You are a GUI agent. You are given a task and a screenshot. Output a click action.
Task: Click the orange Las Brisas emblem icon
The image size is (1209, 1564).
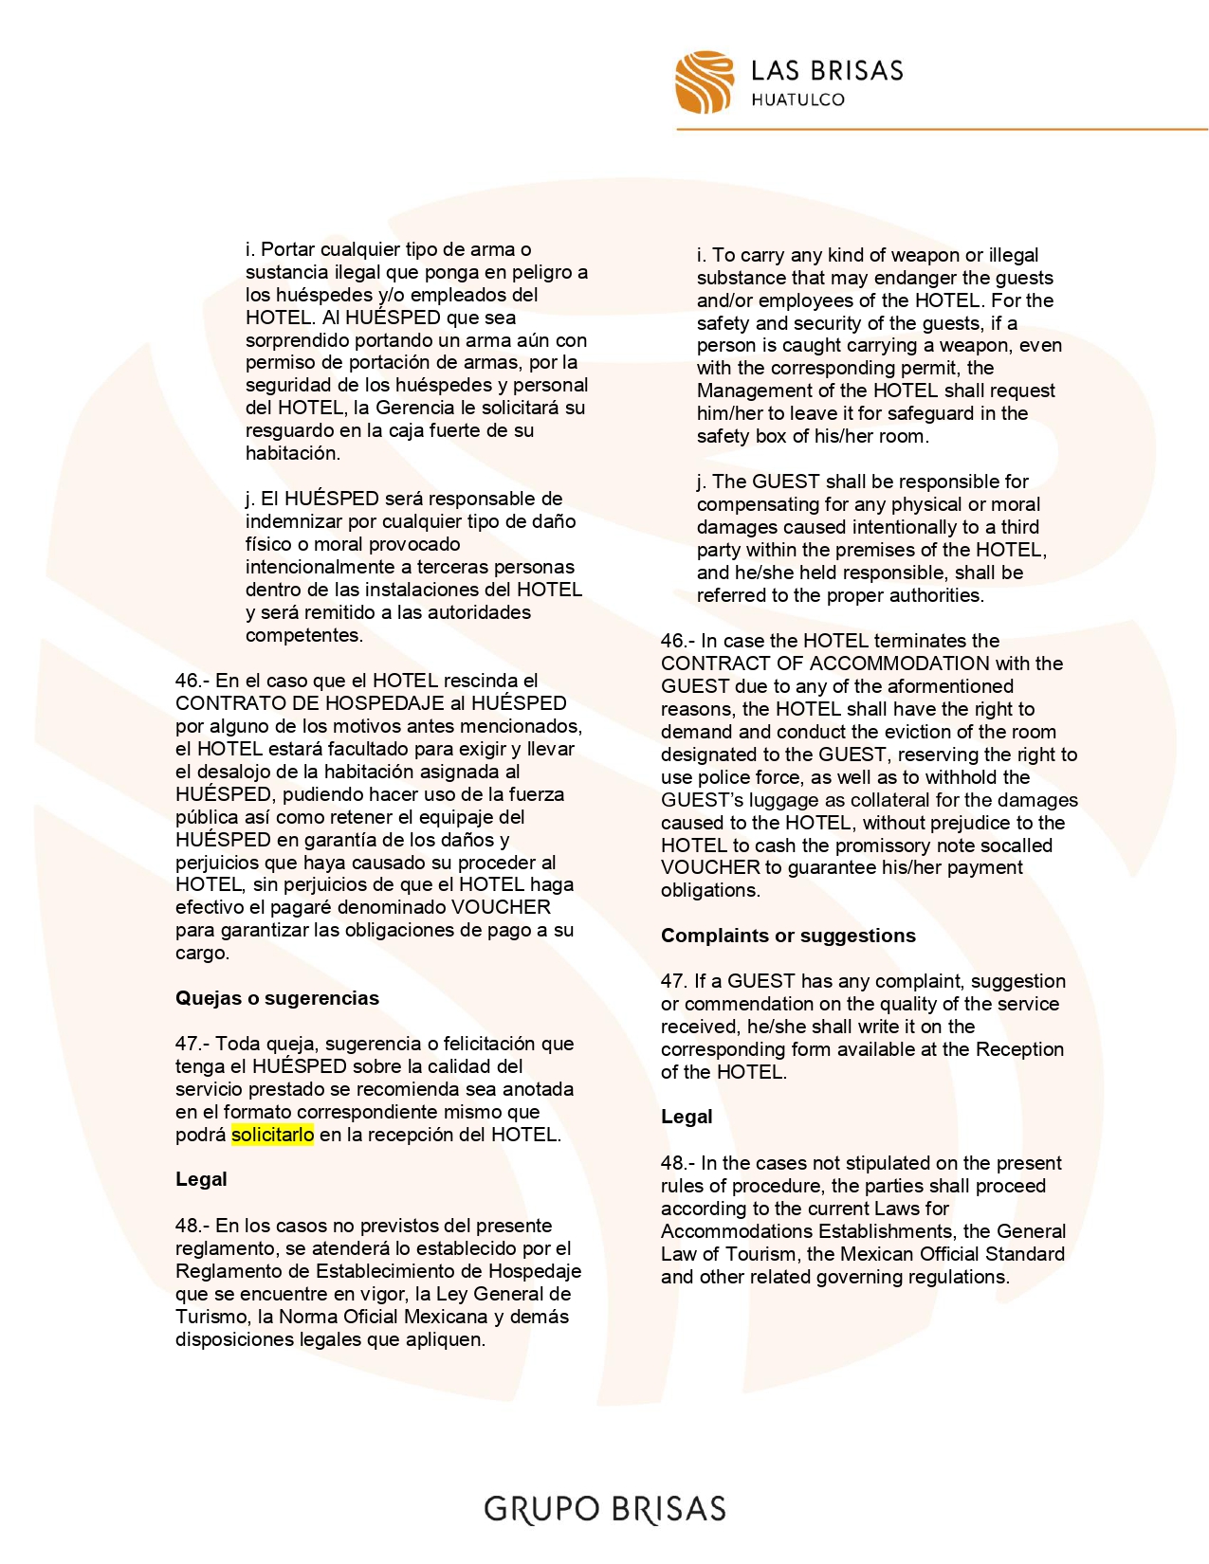pos(704,82)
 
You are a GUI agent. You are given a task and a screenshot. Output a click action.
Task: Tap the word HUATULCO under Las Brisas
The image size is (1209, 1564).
pos(797,100)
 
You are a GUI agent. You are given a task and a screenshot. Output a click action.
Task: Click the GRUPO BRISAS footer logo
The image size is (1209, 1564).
pos(605,1509)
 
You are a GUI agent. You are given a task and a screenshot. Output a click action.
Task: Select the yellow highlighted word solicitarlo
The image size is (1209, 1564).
pos(272,1135)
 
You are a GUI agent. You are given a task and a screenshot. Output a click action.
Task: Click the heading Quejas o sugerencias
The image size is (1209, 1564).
pos(277,998)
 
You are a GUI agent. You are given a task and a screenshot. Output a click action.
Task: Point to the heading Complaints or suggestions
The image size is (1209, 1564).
pos(788,936)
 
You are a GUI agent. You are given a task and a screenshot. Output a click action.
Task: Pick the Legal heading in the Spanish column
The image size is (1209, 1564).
pos(201,1179)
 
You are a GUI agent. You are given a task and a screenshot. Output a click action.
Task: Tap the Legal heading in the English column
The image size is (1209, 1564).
pos(687,1117)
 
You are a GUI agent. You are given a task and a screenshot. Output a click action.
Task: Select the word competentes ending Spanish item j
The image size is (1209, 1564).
pos(303,635)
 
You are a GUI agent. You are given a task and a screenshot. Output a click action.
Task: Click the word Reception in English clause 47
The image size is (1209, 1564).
pos(1019,1049)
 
